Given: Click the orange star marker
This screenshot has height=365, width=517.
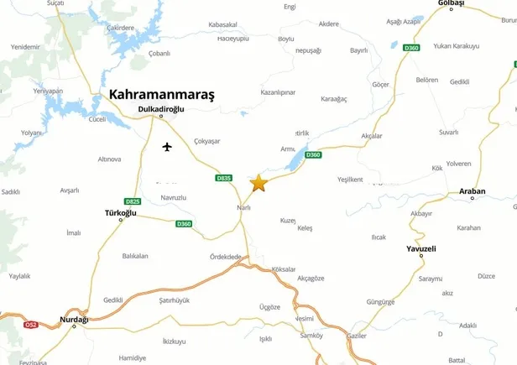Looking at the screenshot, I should (258, 183).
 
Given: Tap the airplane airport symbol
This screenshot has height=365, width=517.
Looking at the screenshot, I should (166, 148).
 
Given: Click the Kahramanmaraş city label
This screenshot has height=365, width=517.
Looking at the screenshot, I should (162, 96).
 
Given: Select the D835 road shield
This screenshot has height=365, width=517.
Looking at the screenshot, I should (223, 178).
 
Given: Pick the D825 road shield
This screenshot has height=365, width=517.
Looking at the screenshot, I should (133, 201).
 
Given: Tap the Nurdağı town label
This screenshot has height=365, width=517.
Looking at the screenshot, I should (75, 320).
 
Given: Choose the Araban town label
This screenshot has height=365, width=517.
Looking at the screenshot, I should (473, 191).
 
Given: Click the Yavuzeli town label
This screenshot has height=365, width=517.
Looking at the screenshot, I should (421, 249).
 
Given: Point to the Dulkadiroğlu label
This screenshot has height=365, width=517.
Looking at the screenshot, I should (161, 109).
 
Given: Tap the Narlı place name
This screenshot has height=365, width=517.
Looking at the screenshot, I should (244, 207).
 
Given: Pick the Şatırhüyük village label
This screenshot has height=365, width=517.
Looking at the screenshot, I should (175, 300).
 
